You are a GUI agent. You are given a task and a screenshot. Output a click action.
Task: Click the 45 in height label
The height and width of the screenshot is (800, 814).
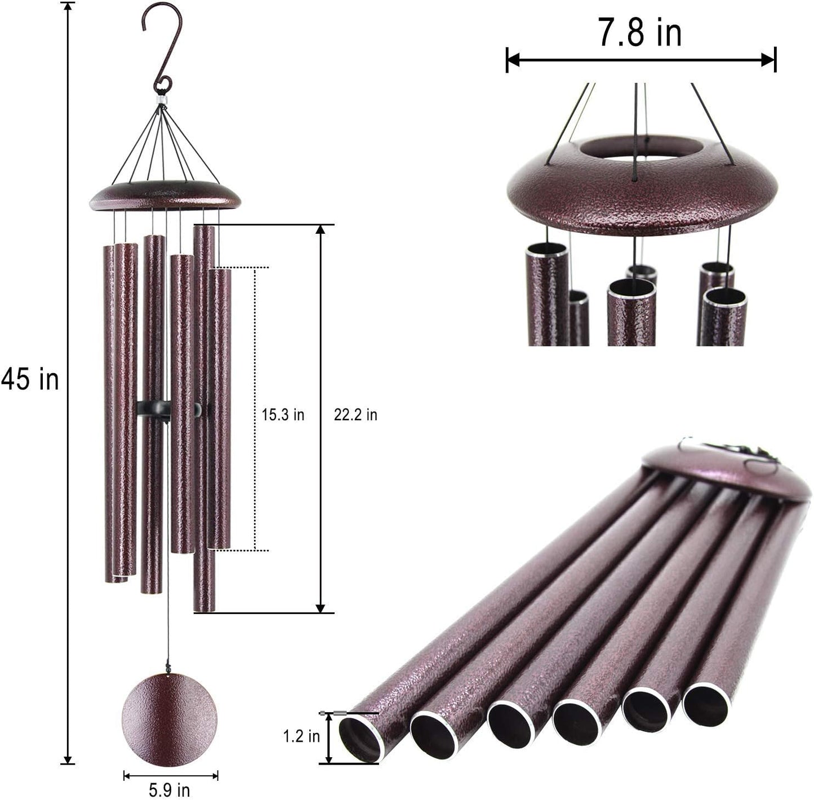point(30,379)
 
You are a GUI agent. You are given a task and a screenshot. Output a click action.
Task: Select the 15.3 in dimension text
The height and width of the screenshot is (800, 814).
point(283,415)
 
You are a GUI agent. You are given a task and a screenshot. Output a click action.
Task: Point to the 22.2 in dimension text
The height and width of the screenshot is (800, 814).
point(355,415)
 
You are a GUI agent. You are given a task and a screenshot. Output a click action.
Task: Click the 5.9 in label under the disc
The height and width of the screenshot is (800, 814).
point(170,790)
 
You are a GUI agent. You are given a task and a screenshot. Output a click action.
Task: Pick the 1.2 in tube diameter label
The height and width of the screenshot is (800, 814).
point(301,736)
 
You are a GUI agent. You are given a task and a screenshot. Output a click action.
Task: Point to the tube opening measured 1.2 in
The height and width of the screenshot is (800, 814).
point(359,739)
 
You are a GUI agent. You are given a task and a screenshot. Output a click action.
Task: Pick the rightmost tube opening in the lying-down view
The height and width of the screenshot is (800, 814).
point(705,706)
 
